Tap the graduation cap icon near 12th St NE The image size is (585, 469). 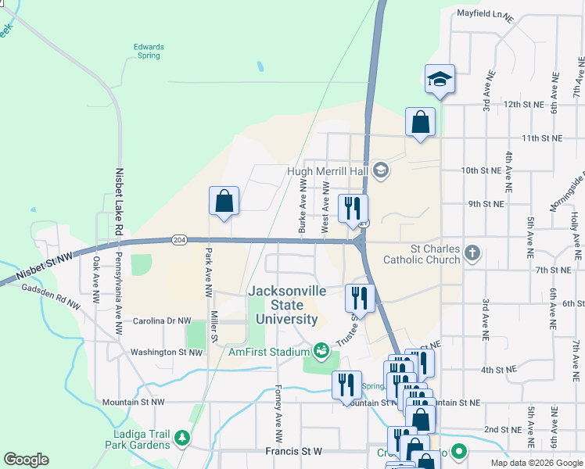point(440,79)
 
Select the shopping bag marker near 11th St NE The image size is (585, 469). point(420,123)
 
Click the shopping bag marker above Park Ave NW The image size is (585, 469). point(224,202)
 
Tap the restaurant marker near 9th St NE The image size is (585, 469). point(352,209)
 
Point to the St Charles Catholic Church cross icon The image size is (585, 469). point(471,252)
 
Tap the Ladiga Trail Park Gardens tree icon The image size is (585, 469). point(181,437)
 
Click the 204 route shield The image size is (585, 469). point(178,240)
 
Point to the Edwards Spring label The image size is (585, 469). point(148,51)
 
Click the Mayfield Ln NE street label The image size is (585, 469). point(486,15)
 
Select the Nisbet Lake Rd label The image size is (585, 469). point(120,202)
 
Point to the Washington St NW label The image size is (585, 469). point(165,352)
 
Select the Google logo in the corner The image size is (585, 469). point(26,460)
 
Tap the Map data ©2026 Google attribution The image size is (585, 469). point(536,463)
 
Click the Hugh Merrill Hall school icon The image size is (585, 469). point(380,170)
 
